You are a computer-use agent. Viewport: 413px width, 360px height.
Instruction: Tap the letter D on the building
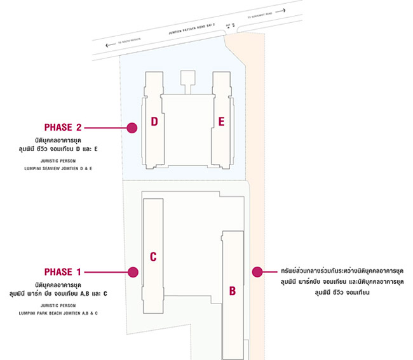tap(154, 121)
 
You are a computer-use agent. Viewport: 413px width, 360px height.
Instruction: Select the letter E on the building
tap(221, 121)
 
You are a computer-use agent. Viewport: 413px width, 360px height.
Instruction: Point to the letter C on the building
tap(153, 257)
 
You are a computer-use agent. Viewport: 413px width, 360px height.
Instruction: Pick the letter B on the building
tap(233, 291)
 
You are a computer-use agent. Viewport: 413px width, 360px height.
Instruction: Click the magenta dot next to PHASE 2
tap(132, 128)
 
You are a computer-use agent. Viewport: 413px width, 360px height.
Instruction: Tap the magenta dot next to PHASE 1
tap(133, 272)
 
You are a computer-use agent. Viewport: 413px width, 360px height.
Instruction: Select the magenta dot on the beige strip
tap(257, 272)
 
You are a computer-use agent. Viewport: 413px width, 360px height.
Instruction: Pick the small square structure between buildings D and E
tap(187, 77)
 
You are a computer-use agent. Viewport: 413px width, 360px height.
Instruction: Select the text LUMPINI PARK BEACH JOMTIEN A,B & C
tap(62, 313)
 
